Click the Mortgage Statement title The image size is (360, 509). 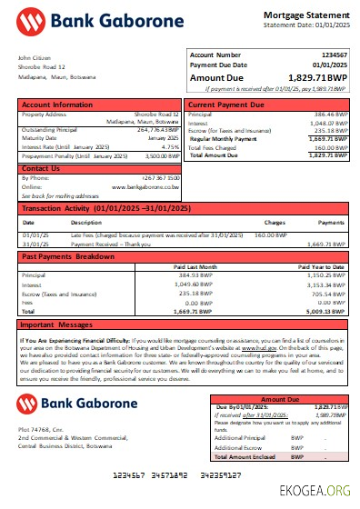306,15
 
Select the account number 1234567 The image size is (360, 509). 331,55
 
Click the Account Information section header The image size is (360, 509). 57,105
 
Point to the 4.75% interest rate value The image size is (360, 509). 169,146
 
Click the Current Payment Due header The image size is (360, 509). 226,105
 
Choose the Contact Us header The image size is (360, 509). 41,168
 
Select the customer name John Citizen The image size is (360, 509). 35,58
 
